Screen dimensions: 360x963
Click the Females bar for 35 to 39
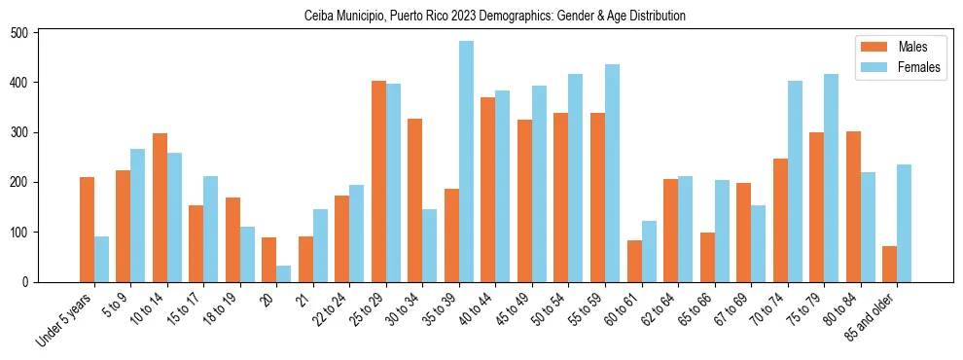(467, 162)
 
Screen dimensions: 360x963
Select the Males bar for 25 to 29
(379, 181)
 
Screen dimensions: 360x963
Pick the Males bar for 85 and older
(890, 264)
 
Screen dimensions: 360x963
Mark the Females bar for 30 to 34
(430, 245)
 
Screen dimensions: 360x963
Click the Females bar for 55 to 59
(613, 173)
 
